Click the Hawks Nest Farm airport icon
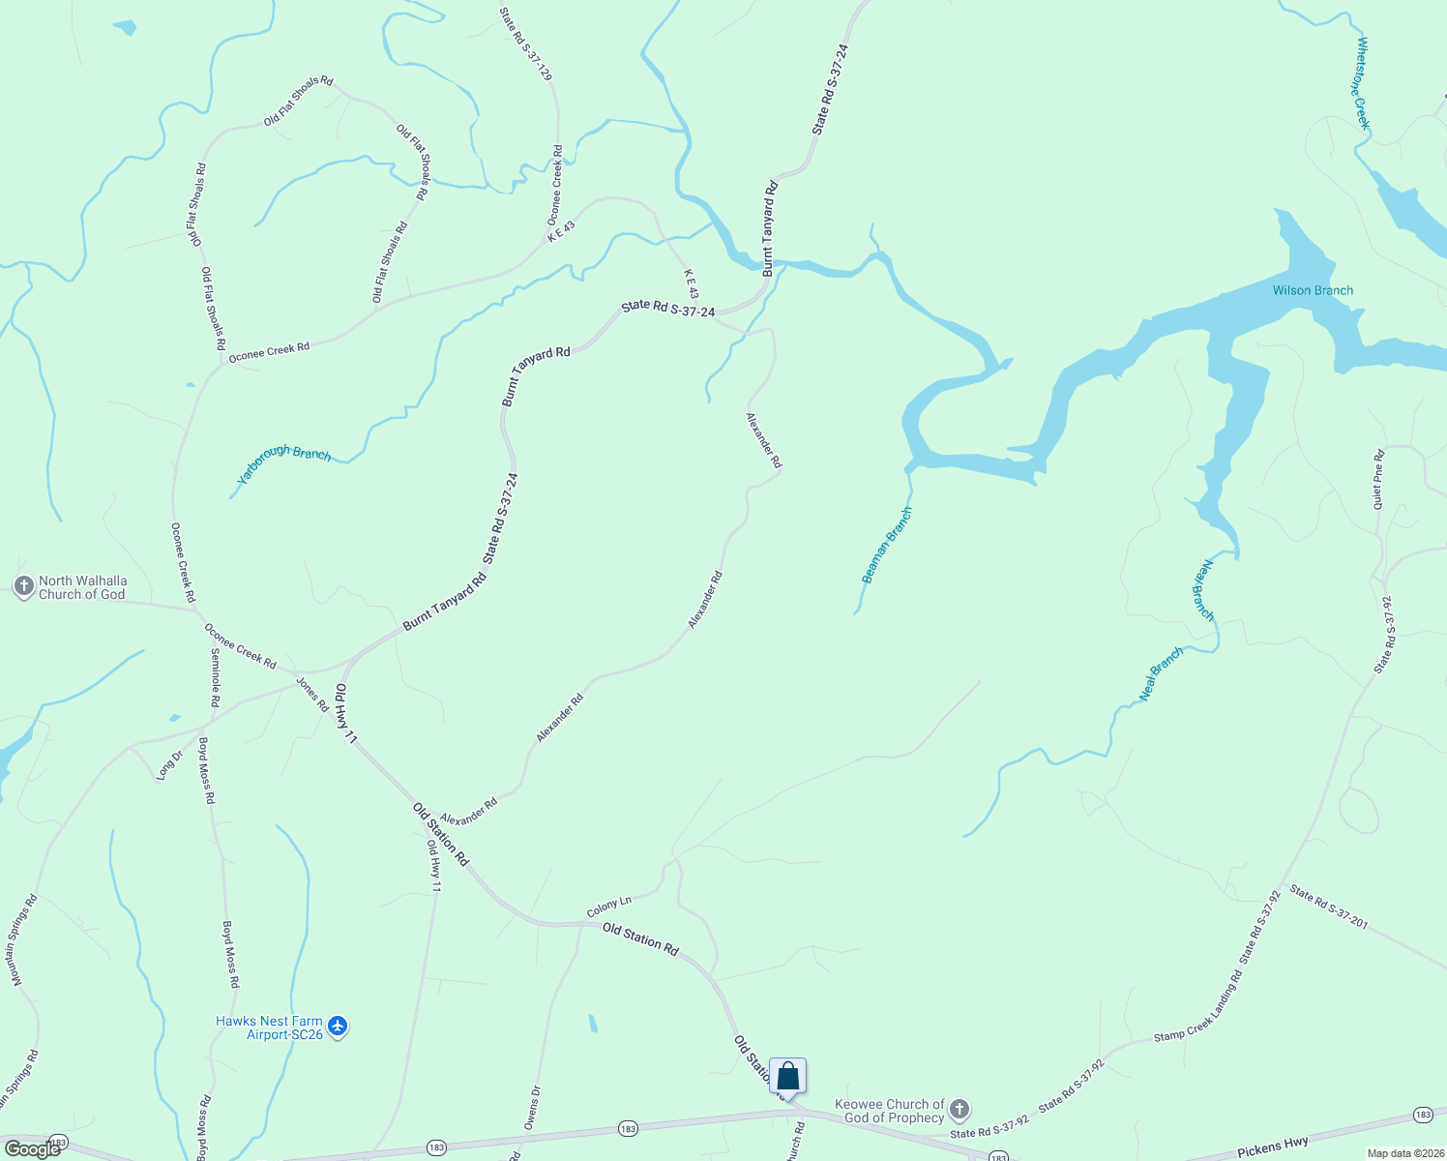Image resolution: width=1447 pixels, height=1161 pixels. point(337,1026)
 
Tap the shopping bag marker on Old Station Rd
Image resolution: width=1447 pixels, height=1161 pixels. point(788,1076)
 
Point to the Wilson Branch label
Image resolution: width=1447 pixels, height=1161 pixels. point(1313,290)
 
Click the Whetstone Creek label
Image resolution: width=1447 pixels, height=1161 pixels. point(1364,83)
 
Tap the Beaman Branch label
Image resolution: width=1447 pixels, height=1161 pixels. point(887,546)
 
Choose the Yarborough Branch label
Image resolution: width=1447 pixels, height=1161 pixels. point(284,465)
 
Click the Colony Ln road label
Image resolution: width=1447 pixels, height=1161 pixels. point(608,907)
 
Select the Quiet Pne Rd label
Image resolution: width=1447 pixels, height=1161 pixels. point(1378,481)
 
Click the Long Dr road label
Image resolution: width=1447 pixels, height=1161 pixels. point(169,765)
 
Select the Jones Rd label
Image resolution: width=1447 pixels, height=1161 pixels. point(312,696)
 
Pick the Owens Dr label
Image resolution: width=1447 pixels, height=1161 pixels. point(532,1107)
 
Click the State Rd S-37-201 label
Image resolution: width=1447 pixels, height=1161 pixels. point(1328,908)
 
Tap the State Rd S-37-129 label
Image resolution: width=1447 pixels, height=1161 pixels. point(526,45)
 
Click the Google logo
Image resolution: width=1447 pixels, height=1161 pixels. point(33,1149)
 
